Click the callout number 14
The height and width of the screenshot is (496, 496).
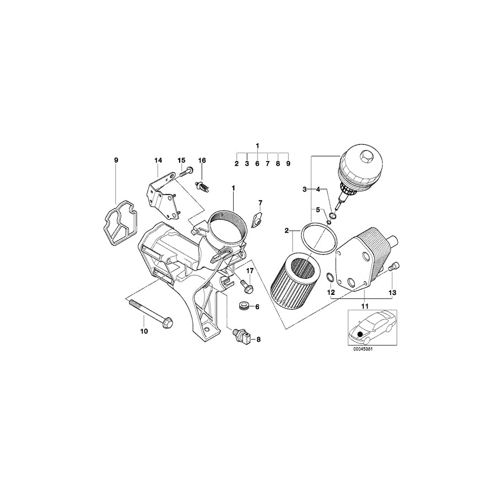point(158,160)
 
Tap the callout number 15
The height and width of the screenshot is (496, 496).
point(181,160)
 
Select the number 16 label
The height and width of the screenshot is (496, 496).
point(202,160)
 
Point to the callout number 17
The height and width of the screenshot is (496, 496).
point(249,271)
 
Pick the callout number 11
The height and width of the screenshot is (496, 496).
point(364,305)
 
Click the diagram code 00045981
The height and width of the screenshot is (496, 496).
point(367,348)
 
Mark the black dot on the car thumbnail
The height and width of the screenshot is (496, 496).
point(360,333)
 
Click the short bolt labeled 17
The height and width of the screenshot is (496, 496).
point(245,285)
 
